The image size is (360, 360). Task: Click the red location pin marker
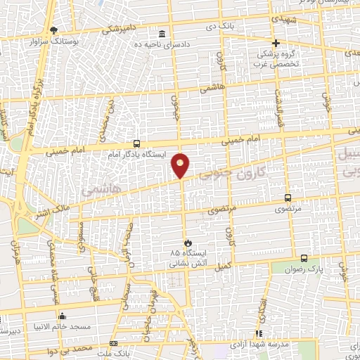click(181, 165)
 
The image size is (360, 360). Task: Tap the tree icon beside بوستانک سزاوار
click(56, 30)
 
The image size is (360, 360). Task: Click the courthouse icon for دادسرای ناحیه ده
click(162, 34)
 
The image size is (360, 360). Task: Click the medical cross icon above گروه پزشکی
click(276, 43)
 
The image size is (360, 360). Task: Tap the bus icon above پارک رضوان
click(304, 258)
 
